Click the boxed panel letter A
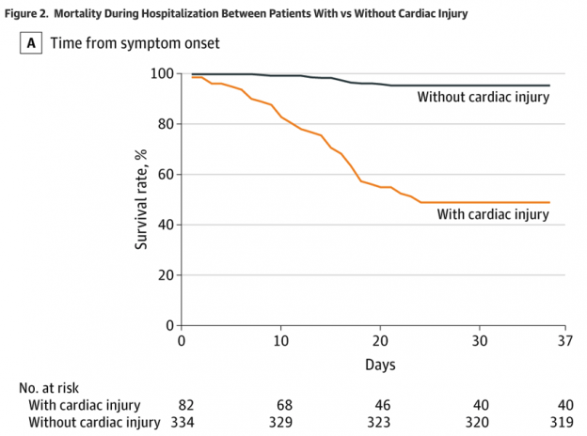33,43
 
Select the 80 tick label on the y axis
166,124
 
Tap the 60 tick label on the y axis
166,174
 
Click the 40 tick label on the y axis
166,225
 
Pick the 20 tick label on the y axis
166,275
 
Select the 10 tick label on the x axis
280,341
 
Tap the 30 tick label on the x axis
480,341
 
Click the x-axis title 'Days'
380,363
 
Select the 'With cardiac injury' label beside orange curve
493,214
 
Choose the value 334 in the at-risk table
182,422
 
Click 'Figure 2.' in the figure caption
31,13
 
